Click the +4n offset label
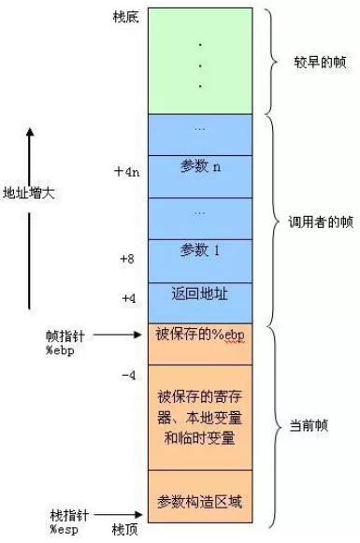(125, 172)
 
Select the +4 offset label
(129, 297)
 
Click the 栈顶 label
(124, 530)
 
